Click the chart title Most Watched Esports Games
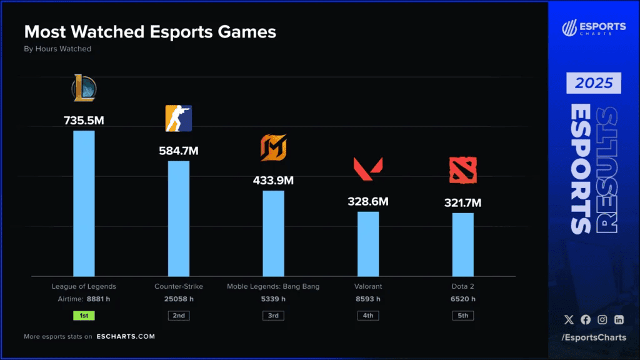pos(150,32)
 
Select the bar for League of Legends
pos(84,203)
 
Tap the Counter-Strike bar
pos(179,218)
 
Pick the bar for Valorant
pos(368,244)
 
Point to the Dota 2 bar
pos(462,244)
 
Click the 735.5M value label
pos(84,120)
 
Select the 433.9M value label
pos(273,181)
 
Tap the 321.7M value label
pos(462,202)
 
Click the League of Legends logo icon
pos(84,88)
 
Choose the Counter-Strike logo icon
pos(179,119)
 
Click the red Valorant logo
pos(368,167)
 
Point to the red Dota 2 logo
pos(462,171)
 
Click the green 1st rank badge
pos(84,316)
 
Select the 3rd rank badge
pos(273,316)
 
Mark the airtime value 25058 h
pos(179,299)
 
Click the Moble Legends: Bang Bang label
pos(273,286)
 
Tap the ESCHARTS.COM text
pos(126,336)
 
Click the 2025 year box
pos(594,83)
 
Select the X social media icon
pos(568,320)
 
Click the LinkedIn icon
pos(619,320)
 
